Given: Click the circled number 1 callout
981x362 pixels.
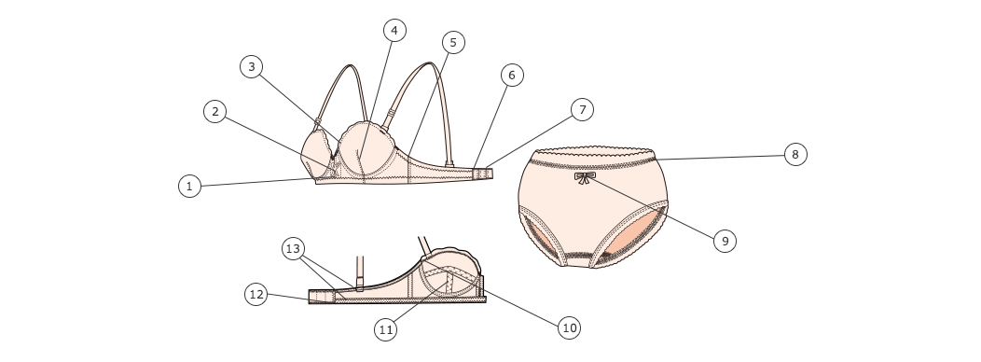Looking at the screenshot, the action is click(189, 186).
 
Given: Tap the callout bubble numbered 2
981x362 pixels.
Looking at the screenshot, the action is click(215, 111).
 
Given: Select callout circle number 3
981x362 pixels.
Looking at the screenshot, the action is click(252, 66).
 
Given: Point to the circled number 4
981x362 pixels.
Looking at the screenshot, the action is click(394, 30).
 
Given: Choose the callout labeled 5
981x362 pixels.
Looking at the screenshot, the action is click(453, 43).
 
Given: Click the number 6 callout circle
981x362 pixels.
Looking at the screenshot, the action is click(512, 76).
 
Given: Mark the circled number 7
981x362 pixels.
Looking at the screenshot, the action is click(583, 109).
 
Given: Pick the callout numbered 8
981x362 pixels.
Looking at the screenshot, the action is click(795, 154).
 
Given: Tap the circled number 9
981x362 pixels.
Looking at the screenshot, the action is click(725, 241).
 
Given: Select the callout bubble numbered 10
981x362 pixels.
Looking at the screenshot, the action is click(569, 327).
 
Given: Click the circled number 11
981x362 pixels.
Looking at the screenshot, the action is click(386, 329).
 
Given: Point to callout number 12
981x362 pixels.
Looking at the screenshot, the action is click(256, 295).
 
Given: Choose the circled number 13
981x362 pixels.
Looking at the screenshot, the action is click(293, 248).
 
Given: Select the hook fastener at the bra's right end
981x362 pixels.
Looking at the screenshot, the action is click(483, 174).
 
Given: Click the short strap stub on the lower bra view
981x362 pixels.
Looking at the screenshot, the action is click(360, 273).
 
